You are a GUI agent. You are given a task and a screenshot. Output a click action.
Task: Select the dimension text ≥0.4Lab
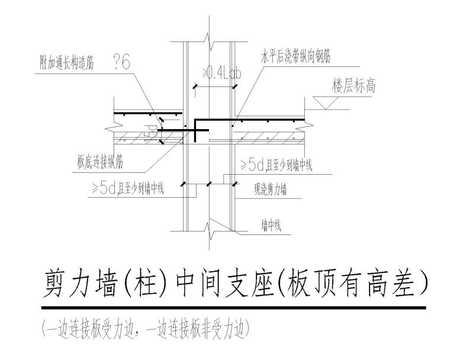point(222,73)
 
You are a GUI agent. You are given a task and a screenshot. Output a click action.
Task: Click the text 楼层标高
point(353,86)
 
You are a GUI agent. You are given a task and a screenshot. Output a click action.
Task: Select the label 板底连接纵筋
point(100,160)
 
